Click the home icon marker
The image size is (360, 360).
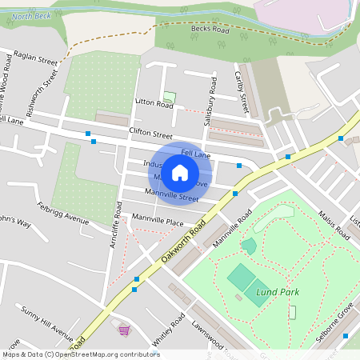[x=180, y=172]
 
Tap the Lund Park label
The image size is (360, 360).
[x=278, y=292]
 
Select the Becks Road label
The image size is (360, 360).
[x=210, y=30]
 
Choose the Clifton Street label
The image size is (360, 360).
[x=150, y=135]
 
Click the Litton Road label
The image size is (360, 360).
[x=154, y=104]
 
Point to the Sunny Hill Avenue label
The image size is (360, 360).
[x=47, y=318]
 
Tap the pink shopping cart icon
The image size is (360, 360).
[x=124, y=330]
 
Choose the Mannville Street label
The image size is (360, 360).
[x=171, y=194]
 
